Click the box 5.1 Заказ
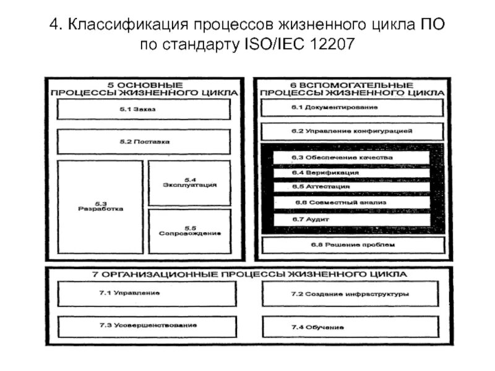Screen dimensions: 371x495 pos(147,109)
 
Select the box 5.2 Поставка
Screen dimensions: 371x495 pos(147,142)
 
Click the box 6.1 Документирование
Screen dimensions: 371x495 pos(352,108)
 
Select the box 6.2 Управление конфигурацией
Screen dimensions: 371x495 pos(352,132)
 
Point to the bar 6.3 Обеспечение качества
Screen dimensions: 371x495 pos(352,158)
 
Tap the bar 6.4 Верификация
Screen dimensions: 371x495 pos(352,173)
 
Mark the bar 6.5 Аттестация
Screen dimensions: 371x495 pos(352,187)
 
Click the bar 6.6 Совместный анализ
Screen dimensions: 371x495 pos(352,203)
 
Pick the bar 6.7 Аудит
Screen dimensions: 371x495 pos(352,220)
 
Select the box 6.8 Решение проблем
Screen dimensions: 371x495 pos(352,245)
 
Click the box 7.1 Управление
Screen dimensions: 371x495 pos(147,294)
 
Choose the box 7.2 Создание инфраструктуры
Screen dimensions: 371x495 pos(352,294)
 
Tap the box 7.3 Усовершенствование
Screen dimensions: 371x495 pos(147,325)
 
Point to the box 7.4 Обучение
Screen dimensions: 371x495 pos(352,326)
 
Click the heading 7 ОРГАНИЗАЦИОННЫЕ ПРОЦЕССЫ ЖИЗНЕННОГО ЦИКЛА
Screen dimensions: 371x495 pos(247,273)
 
